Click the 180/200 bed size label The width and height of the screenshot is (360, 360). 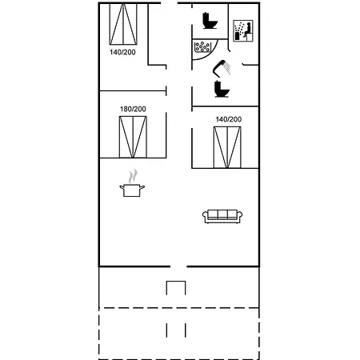(x=133, y=109)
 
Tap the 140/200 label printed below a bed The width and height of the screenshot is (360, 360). (x=122, y=52)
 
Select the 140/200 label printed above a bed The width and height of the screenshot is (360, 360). (x=229, y=119)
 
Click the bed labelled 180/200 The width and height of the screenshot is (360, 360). (x=133, y=137)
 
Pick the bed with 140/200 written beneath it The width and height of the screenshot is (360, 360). (x=123, y=24)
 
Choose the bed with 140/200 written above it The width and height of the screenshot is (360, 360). (x=227, y=147)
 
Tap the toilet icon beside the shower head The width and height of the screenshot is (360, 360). (x=222, y=89)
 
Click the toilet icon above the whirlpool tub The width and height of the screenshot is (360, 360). (x=210, y=20)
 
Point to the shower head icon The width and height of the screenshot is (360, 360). (x=222, y=68)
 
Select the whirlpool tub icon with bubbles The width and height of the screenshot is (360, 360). (x=202, y=46)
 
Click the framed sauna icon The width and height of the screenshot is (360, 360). (x=243, y=30)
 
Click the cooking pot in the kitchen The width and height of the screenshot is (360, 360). (x=132, y=190)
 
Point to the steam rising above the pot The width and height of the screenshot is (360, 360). (x=133, y=176)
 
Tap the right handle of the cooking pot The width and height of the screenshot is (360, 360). (x=142, y=187)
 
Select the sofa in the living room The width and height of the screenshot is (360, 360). (x=222, y=216)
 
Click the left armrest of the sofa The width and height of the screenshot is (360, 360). (x=205, y=217)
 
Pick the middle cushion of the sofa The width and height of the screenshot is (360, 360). (x=222, y=214)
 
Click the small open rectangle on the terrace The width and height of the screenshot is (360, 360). (x=176, y=281)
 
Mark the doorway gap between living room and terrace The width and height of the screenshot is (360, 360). (x=178, y=266)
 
